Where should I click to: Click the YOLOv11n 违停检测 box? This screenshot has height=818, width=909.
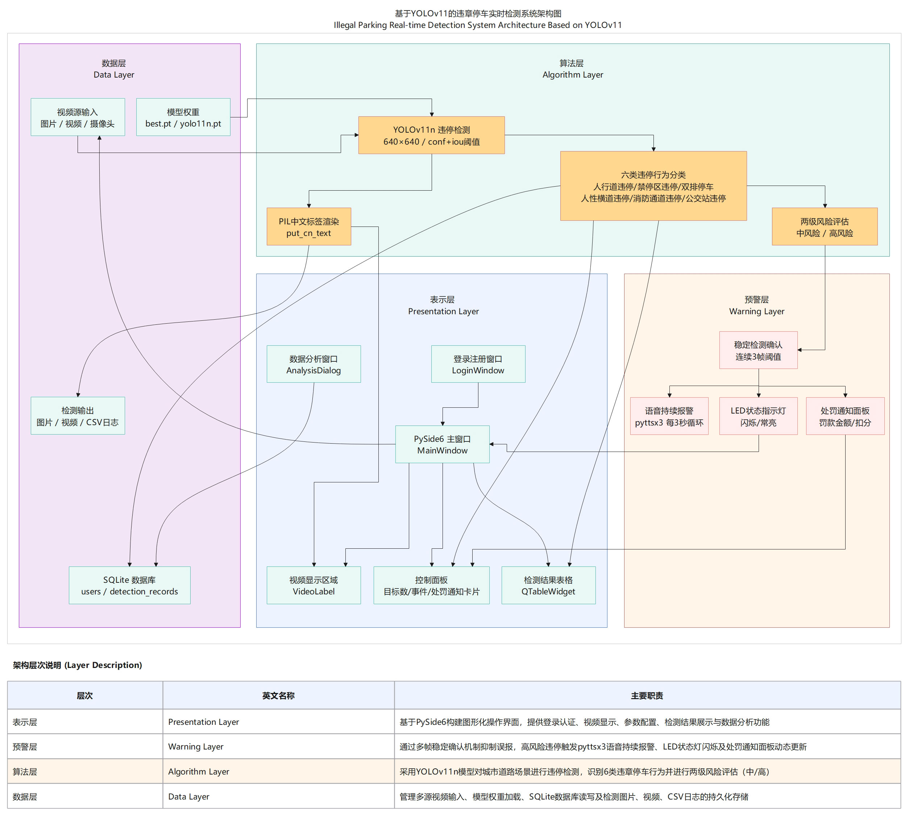point(431,135)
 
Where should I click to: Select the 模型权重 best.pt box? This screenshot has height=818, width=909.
point(183,117)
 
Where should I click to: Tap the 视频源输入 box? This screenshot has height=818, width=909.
point(78,117)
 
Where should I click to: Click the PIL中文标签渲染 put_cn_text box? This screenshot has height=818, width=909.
point(308,227)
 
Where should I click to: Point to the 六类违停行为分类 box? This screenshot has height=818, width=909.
point(653,186)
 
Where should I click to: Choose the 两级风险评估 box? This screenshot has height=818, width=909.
point(824,227)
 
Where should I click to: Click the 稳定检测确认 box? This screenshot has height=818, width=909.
point(758,350)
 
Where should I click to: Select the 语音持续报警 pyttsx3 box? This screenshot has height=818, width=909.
point(669,416)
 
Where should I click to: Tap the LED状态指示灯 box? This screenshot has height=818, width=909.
point(758,416)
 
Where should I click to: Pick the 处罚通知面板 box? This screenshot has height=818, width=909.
point(845,416)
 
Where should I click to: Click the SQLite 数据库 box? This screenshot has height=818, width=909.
point(129,585)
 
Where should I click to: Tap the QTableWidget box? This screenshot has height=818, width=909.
point(548,585)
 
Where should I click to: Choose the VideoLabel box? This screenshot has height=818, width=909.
point(314,585)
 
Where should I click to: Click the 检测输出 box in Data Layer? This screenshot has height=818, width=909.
point(78,416)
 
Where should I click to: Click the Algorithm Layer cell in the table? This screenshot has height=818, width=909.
point(199,771)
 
